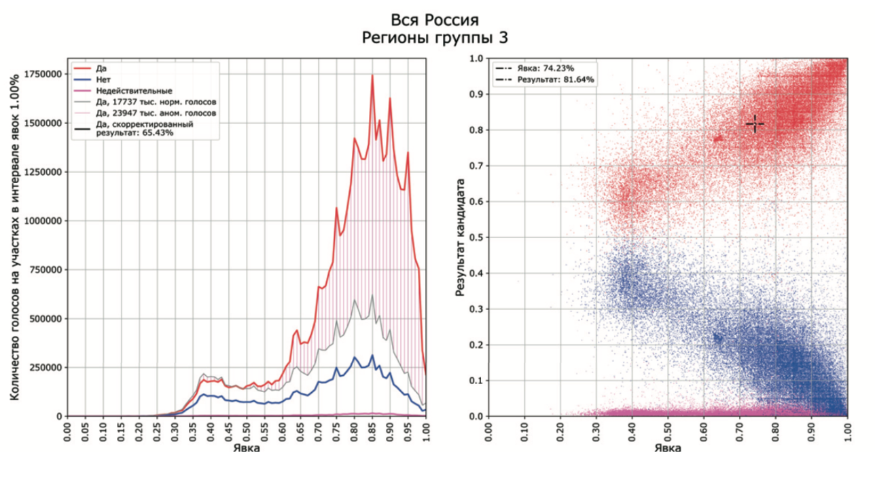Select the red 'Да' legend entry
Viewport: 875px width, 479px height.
[102, 69]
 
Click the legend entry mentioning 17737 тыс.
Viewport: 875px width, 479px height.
[156, 102]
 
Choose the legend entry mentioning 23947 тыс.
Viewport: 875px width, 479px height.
[157, 113]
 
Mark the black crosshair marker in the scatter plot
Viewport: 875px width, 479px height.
[755, 123]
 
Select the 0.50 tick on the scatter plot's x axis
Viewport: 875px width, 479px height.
[668, 433]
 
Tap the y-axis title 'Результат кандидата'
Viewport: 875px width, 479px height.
[460, 237]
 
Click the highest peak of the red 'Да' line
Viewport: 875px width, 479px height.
[372, 75]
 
